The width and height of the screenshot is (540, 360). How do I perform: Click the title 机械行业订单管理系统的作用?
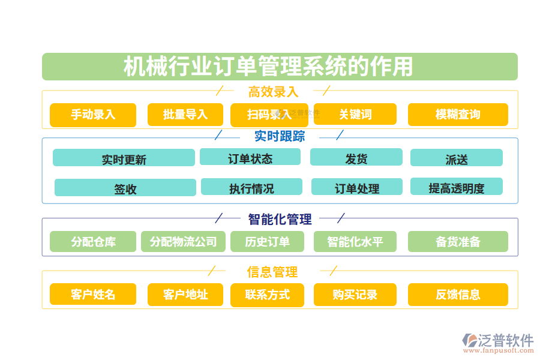point(268,67)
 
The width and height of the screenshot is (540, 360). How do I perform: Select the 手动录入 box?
point(93,115)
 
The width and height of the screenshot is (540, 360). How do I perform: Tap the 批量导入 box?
point(185,115)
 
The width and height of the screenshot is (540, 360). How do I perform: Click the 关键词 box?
point(355,115)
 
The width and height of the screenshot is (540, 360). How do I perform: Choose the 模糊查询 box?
point(458,115)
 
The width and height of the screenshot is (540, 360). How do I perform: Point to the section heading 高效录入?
point(273,92)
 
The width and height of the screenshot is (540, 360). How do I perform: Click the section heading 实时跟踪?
point(280,136)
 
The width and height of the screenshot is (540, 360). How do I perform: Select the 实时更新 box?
point(124,158)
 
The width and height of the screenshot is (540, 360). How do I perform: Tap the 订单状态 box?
point(250,157)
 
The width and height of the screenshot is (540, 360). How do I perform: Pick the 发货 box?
point(356,157)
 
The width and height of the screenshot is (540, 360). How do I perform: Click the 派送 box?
point(457,158)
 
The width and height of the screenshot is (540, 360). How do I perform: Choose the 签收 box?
point(125,188)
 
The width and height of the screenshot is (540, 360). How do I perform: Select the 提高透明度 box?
point(457,187)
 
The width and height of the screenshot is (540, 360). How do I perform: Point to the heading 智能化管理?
point(280,219)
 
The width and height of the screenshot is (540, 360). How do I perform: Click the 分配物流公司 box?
point(183,242)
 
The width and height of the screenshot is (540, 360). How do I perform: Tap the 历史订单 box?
point(268,242)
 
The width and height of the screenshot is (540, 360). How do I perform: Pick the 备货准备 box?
point(458,242)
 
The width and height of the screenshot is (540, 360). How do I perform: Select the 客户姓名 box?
point(93,295)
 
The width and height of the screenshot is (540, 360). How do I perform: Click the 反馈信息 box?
point(458,295)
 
